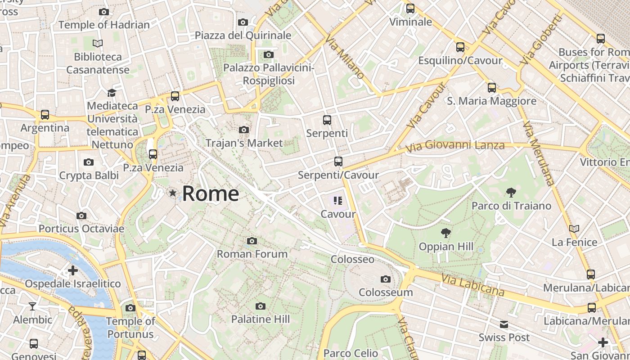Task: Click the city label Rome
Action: click(210, 194)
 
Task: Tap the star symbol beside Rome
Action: click(172, 193)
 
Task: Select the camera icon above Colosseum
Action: click(385, 279)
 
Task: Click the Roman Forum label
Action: click(252, 254)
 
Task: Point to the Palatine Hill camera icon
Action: click(260, 306)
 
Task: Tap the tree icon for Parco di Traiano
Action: click(511, 193)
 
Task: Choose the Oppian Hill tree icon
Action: click(446, 233)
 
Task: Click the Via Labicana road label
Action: click(473, 285)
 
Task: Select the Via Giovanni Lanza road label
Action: click(455, 146)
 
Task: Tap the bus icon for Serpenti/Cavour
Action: click(338, 162)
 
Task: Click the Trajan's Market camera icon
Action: click(244, 130)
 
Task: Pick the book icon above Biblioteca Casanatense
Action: click(98, 44)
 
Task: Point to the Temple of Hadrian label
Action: click(104, 25)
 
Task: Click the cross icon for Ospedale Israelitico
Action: click(72, 270)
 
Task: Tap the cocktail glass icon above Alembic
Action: click(32, 306)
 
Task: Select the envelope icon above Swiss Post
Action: click(504, 324)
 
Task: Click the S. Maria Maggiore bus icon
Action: click(492, 88)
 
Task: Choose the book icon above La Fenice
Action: click(574, 229)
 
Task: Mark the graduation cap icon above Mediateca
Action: click(112, 93)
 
